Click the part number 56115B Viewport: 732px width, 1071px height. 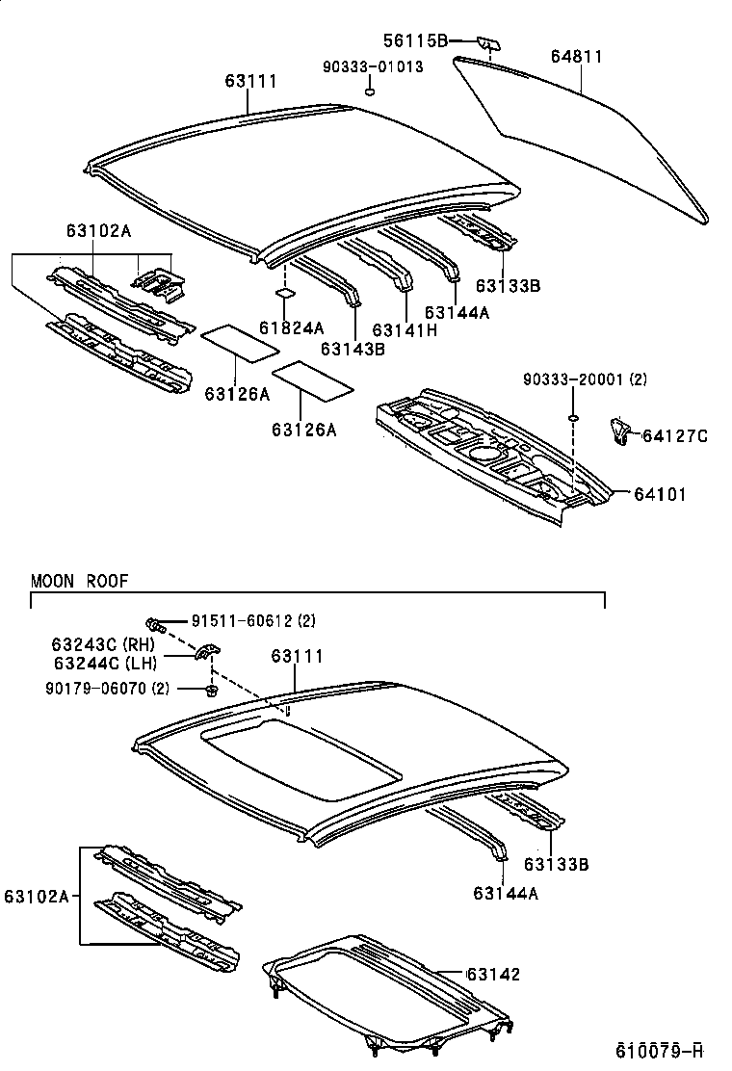[416, 40]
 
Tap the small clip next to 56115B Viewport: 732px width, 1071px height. [487, 42]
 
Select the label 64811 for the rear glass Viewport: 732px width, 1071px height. [576, 57]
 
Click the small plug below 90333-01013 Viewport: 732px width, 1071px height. [369, 91]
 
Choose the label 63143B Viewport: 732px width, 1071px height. [353, 349]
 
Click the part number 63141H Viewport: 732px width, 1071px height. [405, 329]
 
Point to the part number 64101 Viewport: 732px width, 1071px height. [660, 494]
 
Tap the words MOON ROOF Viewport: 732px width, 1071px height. [79, 581]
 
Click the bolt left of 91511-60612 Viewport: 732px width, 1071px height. [157, 624]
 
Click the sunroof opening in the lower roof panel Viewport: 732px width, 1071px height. [299, 761]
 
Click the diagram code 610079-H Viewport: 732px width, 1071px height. [660, 1048]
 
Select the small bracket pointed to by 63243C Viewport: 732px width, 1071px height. [206, 654]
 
